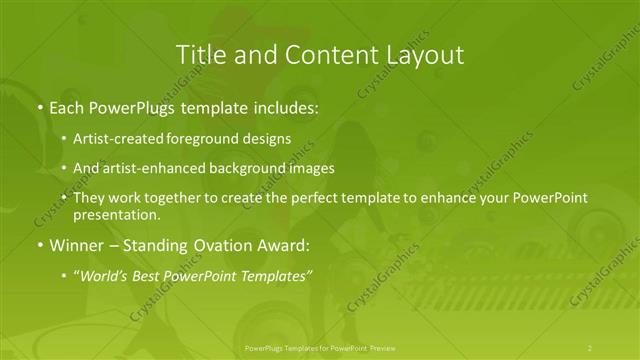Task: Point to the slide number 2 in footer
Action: click(x=590, y=348)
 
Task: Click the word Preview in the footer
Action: click(x=381, y=348)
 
